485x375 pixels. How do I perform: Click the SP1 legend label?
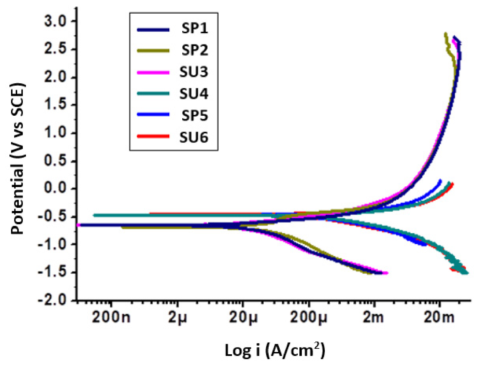[x=194, y=29]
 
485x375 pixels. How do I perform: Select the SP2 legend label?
[x=194, y=50]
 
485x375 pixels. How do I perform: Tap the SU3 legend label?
[x=194, y=72]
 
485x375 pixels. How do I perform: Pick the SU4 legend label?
[x=194, y=94]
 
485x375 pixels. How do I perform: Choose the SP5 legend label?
[x=194, y=115]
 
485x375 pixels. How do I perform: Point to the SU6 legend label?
[x=194, y=137]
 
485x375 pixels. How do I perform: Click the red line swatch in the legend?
[x=153, y=136]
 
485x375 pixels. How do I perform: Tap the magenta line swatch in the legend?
[x=153, y=72]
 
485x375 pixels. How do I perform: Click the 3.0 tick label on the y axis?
[x=55, y=22]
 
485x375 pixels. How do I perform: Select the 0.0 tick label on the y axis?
[x=55, y=188]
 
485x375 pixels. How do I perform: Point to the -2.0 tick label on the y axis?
[x=52, y=300]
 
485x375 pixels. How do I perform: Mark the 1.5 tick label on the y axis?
[x=55, y=105]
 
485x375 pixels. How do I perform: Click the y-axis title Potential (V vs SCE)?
[x=18, y=159]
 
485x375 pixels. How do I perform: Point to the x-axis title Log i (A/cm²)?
[x=275, y=350]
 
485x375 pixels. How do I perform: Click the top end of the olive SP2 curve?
[x=445, y=33]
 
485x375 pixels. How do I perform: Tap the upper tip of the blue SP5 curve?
[x=440, y=180]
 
